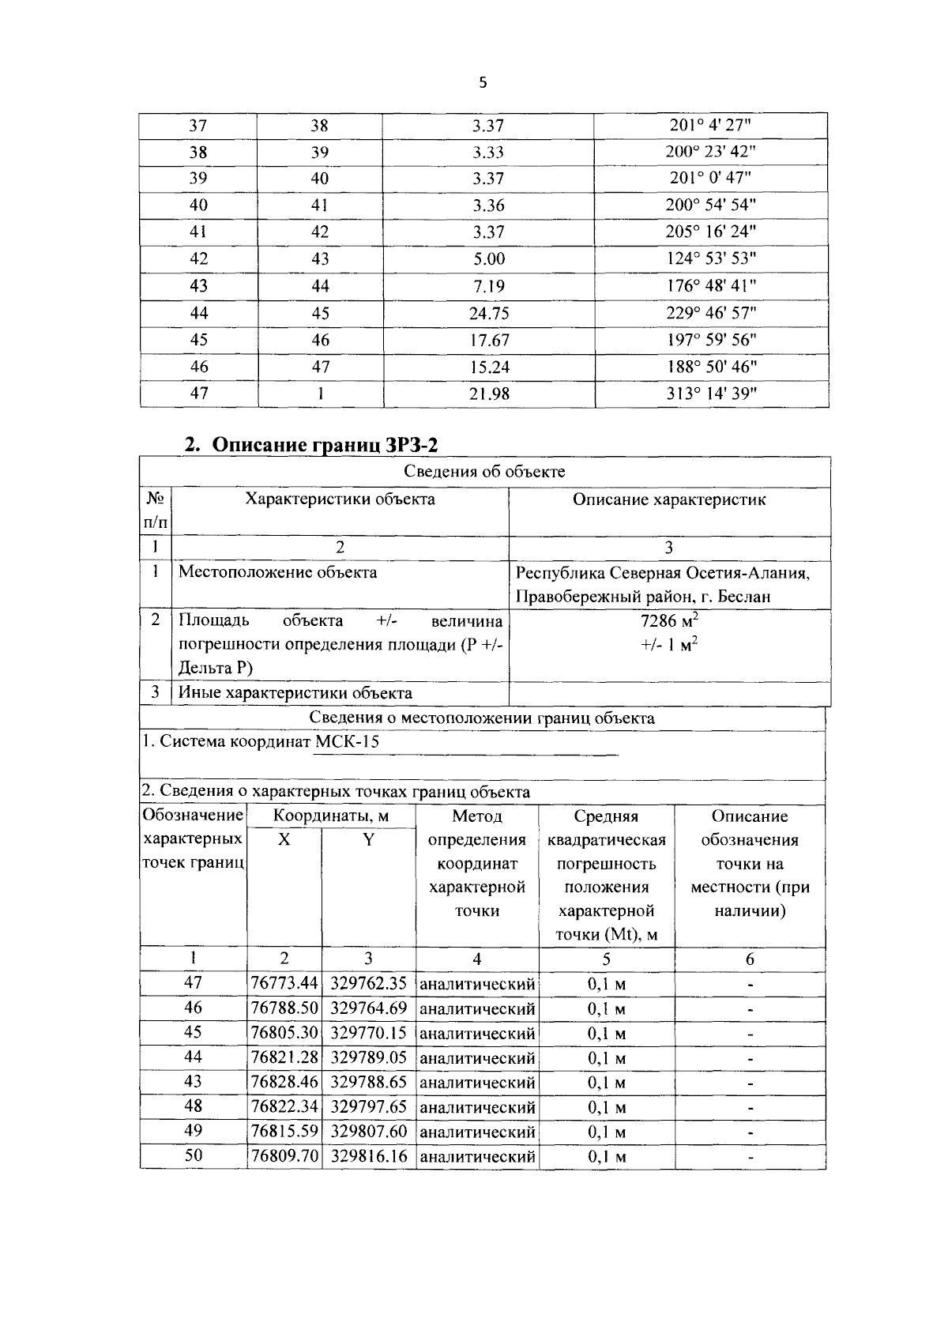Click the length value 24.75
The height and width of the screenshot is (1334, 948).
(x=488, y=314)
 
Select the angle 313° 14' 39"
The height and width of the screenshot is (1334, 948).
(x=711, y=394)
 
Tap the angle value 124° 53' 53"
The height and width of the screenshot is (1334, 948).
(x=711, y=259)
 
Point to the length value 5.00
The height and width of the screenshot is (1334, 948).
(x=488, y=259)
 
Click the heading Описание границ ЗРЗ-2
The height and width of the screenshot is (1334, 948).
(x=311, y=445)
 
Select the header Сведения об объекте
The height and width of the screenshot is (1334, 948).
(x=484, y=473)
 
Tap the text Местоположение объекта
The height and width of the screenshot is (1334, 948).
(x=277, y=572)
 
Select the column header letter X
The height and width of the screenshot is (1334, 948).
(x=284, y=840)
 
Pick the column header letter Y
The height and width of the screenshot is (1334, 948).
(x=368, y=840)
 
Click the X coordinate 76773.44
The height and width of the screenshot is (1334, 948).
(x=284, y=984)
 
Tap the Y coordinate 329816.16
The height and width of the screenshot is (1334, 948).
(x=369, y=1156)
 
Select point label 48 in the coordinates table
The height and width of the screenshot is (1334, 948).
(x=193, y=1106)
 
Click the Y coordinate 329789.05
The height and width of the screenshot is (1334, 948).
(x=369, y=1057)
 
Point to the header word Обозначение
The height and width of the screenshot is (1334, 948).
(x=193, y=816)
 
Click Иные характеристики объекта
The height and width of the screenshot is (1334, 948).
(x=295, y=694)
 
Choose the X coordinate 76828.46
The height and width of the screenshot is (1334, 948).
(x=284, y=1082)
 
